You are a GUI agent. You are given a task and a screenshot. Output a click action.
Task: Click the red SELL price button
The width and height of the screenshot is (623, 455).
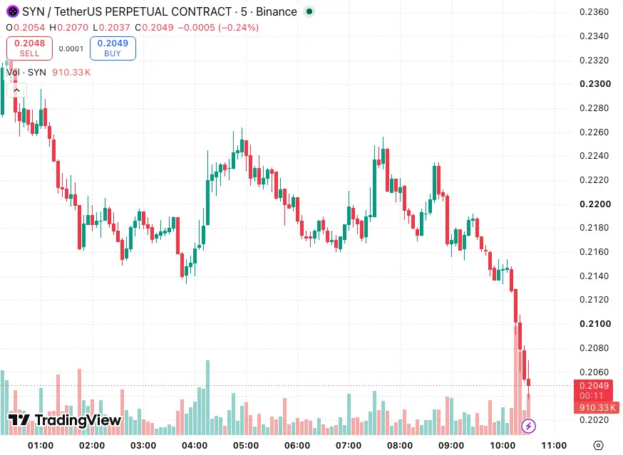pos(29,48)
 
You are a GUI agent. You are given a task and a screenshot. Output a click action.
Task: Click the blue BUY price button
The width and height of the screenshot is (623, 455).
pos(113,48)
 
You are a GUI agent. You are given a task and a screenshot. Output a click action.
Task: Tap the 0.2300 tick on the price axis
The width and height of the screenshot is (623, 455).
pos(594,84)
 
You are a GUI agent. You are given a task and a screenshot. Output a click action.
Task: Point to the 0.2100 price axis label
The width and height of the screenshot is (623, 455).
pos(594,323)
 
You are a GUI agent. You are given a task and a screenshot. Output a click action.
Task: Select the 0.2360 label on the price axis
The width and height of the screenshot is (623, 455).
pos(594,12)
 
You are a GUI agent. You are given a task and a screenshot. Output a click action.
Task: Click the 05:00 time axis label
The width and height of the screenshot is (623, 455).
pos(245,446)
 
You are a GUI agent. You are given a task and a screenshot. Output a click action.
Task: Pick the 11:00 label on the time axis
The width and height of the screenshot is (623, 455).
pos(554,446)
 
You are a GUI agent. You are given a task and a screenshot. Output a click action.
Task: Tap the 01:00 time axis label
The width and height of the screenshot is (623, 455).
pos(41,446)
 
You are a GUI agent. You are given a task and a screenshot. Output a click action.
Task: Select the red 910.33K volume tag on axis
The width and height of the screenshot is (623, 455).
pos(597,408)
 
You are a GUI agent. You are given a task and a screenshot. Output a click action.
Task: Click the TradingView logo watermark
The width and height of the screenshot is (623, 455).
pos(65,420)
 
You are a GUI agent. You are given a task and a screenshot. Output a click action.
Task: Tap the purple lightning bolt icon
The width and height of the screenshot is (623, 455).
pos(528,427)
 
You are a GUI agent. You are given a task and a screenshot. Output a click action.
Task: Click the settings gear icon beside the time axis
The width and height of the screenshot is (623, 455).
pos(598,446)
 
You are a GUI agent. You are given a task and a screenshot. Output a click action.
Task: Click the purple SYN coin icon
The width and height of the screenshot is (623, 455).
pos(12,11)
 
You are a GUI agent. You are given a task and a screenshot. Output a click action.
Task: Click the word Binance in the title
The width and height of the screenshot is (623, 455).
pos(276,12)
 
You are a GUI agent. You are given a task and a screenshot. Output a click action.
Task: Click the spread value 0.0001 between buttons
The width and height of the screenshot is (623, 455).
pos(71,49)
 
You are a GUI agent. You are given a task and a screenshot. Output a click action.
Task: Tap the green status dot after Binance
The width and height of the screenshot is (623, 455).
pos(309,11)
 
